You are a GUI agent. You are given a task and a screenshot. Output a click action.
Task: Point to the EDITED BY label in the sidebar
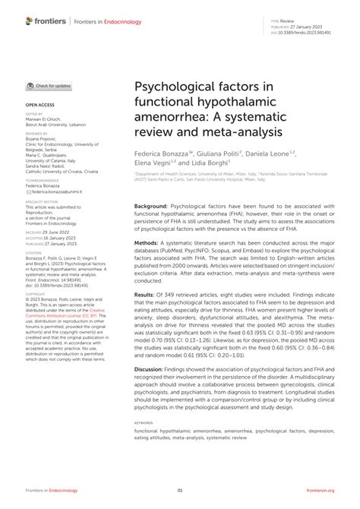point(34,112)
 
